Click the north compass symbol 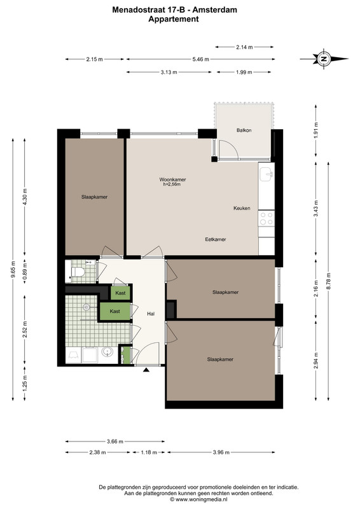pos(324,59)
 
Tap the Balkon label pos(244,130)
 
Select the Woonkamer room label pos(172,179)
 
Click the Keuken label pos(242,208)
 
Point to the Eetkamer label pos(216,239)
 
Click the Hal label pos(151,314)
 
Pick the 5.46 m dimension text pos(200,59)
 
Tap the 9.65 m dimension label pos(13,269)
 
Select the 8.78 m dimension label pos(328,280)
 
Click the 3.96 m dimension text pos(221,452)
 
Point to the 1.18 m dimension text pos(149,452)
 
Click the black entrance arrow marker pos(146,370)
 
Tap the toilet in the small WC pos(78,272)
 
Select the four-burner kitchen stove pos(267,218)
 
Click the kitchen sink pos(267,174)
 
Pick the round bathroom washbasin pos(107,352)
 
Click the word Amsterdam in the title pos(214,10)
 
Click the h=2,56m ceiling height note pos(172,185)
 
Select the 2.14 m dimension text pos(244,47)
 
